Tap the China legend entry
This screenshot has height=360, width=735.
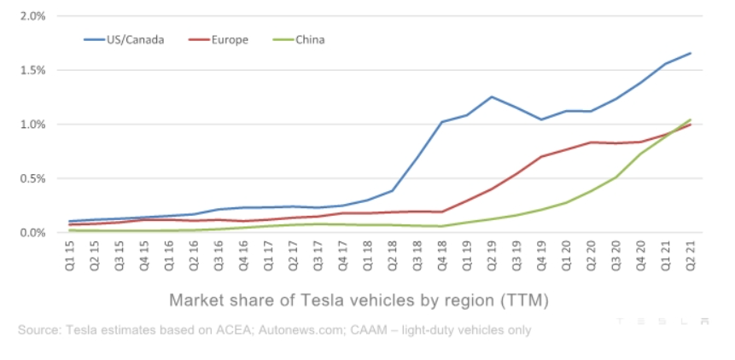(309, 39)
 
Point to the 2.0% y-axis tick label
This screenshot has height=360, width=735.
(32, 16)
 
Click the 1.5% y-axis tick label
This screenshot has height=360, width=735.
(32, 70)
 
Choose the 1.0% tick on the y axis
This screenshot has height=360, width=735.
(32, 125)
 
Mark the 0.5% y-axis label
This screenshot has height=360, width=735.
(32, 178)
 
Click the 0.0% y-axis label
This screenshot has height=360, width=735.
(32, 232)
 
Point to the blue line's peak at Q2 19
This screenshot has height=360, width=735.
(492, 97)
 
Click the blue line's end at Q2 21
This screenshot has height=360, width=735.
(690, 53)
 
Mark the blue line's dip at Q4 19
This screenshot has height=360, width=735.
(541, 119)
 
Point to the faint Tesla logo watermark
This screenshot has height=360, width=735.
(662, 321)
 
